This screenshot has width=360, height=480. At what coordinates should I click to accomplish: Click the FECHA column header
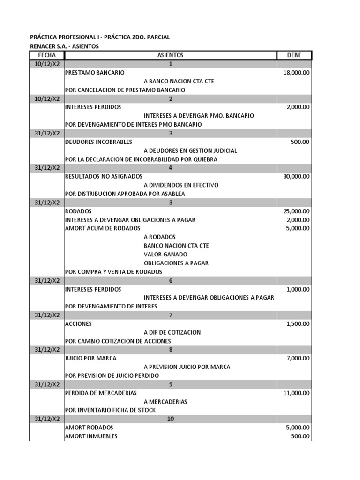tap(47, 55)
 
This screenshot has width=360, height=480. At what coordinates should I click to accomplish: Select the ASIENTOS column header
tap(170, 55)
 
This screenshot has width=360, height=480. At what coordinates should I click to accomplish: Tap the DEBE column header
tap(294, 55)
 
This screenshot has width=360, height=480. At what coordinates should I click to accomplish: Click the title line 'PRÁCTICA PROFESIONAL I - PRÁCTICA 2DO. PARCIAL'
tap(100, 37)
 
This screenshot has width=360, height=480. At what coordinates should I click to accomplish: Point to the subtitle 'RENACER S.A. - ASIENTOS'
tap(65, 46)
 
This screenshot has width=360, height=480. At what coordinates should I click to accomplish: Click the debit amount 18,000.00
tap(296, 73)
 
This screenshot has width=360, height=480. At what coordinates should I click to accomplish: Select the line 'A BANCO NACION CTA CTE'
tap(179, 81)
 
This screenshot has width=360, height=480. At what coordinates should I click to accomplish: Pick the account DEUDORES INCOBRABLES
tap(98, 142)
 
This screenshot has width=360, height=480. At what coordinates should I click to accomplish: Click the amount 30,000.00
tap(296, 176)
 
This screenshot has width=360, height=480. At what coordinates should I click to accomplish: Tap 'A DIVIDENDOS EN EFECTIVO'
tap(181, 185)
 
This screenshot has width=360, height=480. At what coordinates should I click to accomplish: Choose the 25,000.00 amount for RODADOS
tap(296, 211)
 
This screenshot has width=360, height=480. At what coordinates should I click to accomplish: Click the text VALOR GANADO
tap(165, 255)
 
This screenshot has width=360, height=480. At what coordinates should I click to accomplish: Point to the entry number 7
tap(171, 315)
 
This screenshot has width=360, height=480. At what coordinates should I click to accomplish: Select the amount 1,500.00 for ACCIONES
tap(298, 323)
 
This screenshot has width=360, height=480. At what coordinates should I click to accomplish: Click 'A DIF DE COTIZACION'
tap(172, 332)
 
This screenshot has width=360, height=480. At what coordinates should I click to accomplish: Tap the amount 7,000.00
tap(298, 358)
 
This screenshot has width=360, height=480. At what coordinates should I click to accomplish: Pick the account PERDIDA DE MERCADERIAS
tap(101, 393)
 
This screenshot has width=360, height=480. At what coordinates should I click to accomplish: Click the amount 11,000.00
tap(296, 393)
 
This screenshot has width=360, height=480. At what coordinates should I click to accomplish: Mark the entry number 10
tap(171, 419)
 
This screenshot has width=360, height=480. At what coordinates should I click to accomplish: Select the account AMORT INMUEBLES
tap(91, 436)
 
